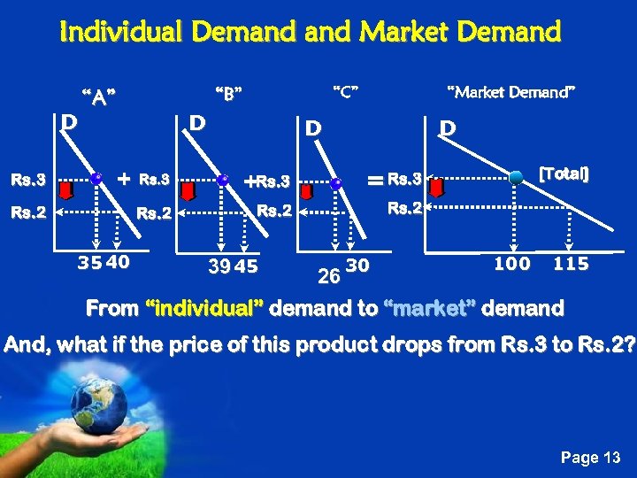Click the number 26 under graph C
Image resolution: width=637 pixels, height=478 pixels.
click(x=328, y=278)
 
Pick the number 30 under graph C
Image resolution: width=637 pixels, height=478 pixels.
click(x=357, y=266)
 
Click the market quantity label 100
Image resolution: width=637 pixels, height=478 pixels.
click(x=511, y=263)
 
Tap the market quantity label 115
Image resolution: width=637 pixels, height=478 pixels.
click(x=571, y=264)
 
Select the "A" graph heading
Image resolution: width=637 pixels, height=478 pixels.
click(x=99, y=96)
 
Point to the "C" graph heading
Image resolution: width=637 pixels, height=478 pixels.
click(x=344, y=90)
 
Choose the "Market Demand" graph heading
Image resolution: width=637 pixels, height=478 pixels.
click(x=511, y=91)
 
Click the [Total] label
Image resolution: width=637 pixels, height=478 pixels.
click(x=564, y=173)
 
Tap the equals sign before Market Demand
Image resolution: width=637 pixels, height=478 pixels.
click(x=375, y=181)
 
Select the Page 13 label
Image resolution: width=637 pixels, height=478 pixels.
click(x=592, y=457)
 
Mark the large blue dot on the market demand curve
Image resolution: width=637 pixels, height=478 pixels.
click(x=517, y=177)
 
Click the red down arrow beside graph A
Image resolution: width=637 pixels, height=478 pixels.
click(x=65, y=189)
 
